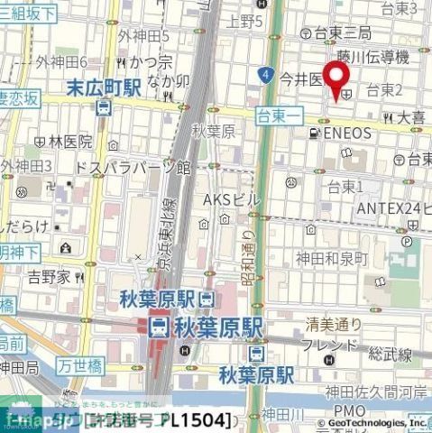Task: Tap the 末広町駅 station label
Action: pos(105,88)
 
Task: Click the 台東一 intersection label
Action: pos(277,115)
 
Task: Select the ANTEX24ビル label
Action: pos(390,208)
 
